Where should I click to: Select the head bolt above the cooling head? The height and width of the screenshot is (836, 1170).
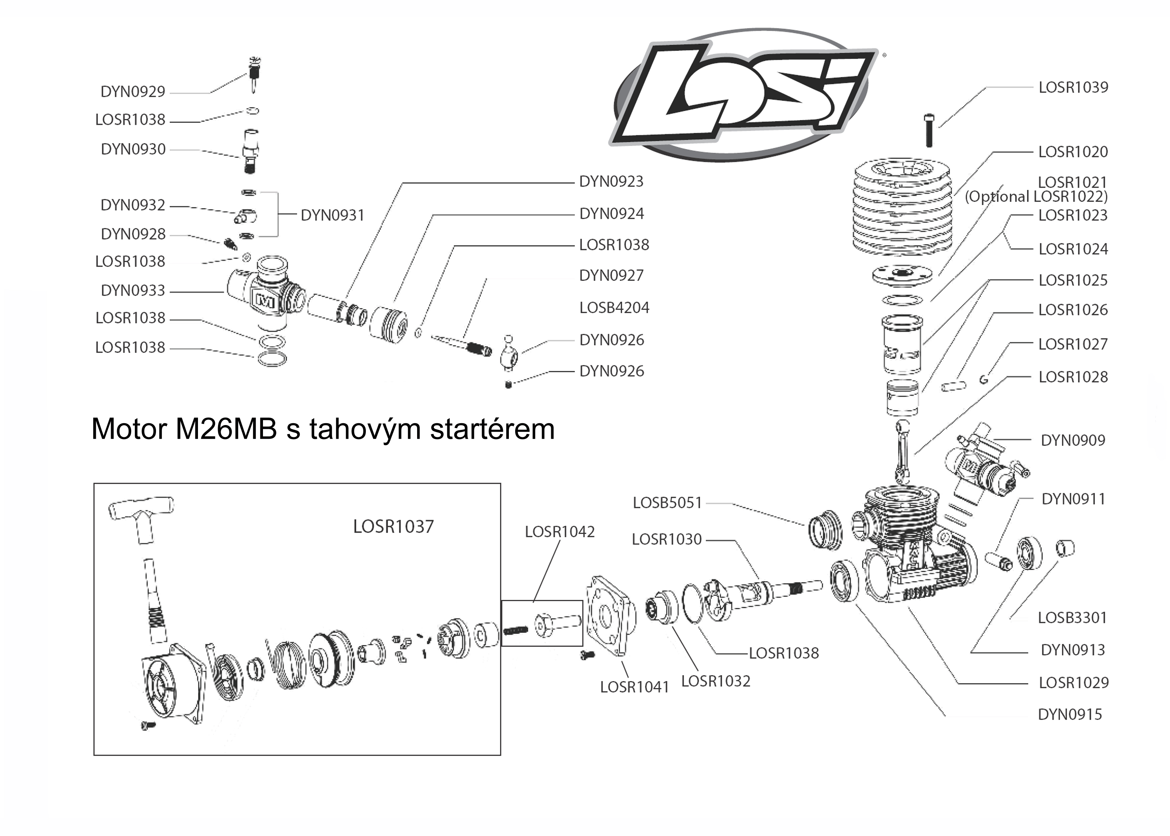pyautogui.click(x=928, y=130)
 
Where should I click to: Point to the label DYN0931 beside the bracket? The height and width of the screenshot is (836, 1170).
pyautogui.click(x=332, y=215)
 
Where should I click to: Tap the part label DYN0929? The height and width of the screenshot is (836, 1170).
pyautogui.click(x=133, y=92)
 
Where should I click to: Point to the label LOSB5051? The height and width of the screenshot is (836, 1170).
pyautogui.click(x=667, y=503)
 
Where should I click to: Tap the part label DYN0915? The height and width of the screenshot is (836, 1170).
pyautogui.click(x=1070, y=715)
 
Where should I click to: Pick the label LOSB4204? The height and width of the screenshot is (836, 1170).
pyautogui.click(x=614, y=308)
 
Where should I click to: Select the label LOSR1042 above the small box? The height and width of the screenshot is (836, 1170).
pyautogui.click(x=559, y=532)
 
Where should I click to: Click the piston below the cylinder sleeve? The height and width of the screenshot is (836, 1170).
pyautogui.click(x=903, y=398)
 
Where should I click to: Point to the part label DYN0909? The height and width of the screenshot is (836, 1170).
pyautogui.click(x=1072, y=441)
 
